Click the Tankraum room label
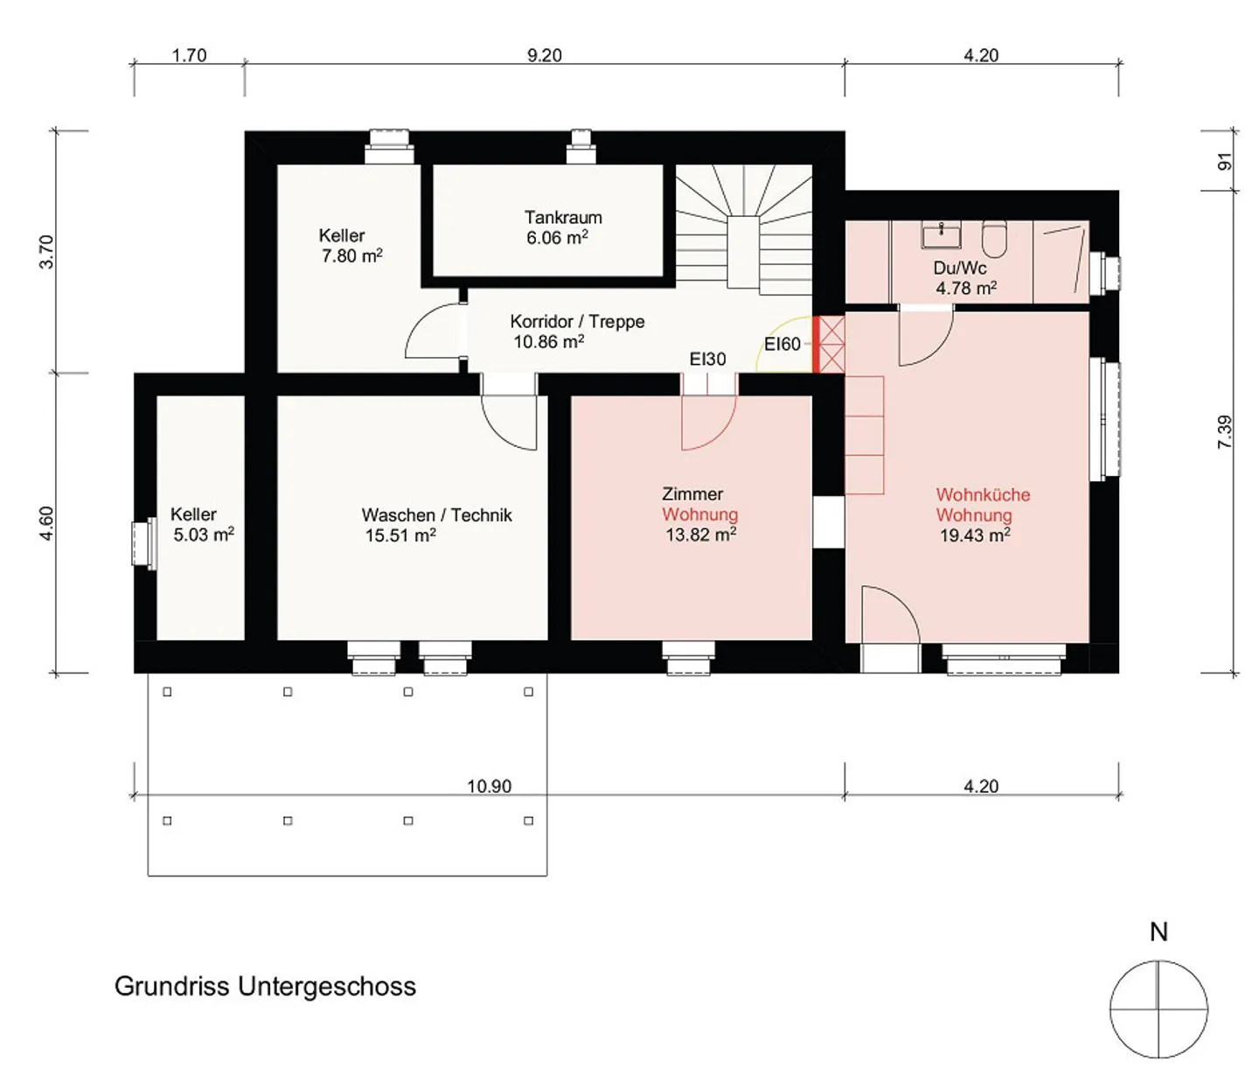(x=563, y=218)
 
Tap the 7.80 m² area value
(x=352, y=255)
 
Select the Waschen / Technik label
(x=437, y=515)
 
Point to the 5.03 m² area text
(x=204, y=534)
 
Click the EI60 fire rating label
(x=783, y=345)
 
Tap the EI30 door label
(x=708, y=359)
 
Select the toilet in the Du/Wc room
(x=994, y=240)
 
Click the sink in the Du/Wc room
(x=942, y=236)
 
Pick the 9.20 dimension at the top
(x=545, y=55)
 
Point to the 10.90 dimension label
(x=489, y=786)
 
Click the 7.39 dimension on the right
(x=1225, y=432)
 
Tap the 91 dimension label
(x=1224, y=162)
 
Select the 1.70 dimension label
(x=189, y=55)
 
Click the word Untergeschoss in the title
(x=326, y=987)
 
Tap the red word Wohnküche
(x=983, y=494)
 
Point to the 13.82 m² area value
(x=701, y=534)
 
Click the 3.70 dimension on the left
(x=46, y=252)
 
